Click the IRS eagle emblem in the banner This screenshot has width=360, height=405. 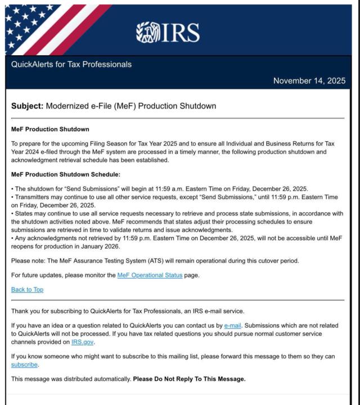tap(148, 32)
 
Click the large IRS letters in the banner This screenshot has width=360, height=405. tap(180, 33)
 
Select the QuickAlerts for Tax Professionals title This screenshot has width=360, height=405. tap(71, 64)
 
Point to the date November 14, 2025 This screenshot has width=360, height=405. tap(309, 81)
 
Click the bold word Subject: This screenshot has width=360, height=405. tap(27, 106)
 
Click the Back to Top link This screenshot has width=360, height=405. tap(27, 289)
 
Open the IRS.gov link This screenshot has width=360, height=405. tap(83, 341)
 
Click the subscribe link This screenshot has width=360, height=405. tap(25, 364)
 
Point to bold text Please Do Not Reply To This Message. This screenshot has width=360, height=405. tap(189, 379)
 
